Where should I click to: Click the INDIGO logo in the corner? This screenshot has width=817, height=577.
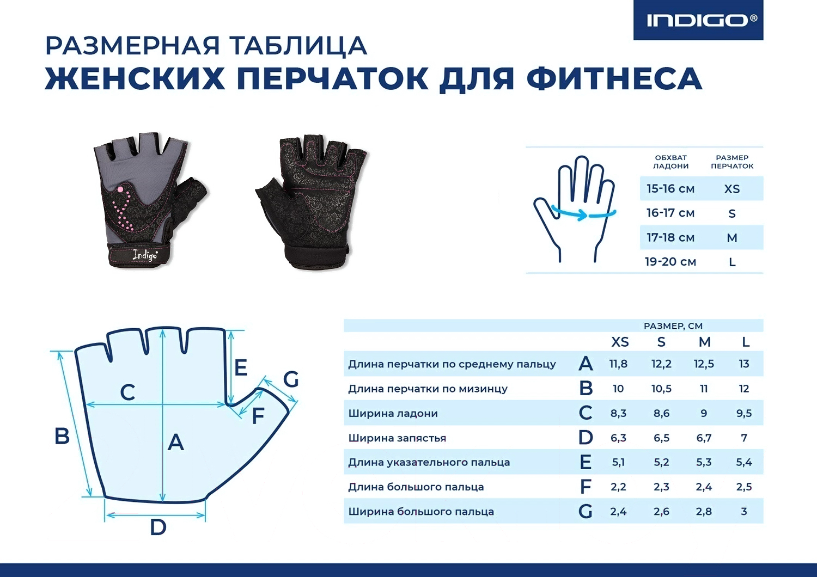[698, 20]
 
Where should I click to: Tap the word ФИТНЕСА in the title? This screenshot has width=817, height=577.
[614, 78]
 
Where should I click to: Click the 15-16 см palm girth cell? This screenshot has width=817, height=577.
[670, 189]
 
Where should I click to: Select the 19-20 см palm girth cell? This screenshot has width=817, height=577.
[670, 262]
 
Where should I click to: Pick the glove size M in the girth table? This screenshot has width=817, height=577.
[732, 238]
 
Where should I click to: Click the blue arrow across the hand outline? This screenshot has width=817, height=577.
[583, 213]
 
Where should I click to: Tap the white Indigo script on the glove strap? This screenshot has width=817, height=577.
[145, 255]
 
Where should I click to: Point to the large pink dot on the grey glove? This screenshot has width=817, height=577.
[120, 189]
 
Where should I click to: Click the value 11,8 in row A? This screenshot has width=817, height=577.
[618, 364]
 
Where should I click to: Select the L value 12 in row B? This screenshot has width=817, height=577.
[743, 389]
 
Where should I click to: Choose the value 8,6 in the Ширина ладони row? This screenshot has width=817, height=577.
[661, 413]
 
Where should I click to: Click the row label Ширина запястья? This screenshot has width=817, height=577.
[397, 438]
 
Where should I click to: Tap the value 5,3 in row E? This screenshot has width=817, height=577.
[704, 462]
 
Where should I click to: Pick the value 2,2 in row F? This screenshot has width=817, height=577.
[618, 487]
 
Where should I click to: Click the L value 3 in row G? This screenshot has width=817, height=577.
[744, 511]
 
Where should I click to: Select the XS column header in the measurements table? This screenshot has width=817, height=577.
[620, 342]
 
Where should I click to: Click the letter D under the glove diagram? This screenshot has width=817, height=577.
[158, 527]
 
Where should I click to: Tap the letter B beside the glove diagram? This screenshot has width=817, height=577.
[62, 436]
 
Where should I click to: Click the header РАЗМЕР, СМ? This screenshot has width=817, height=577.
[673, 326]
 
